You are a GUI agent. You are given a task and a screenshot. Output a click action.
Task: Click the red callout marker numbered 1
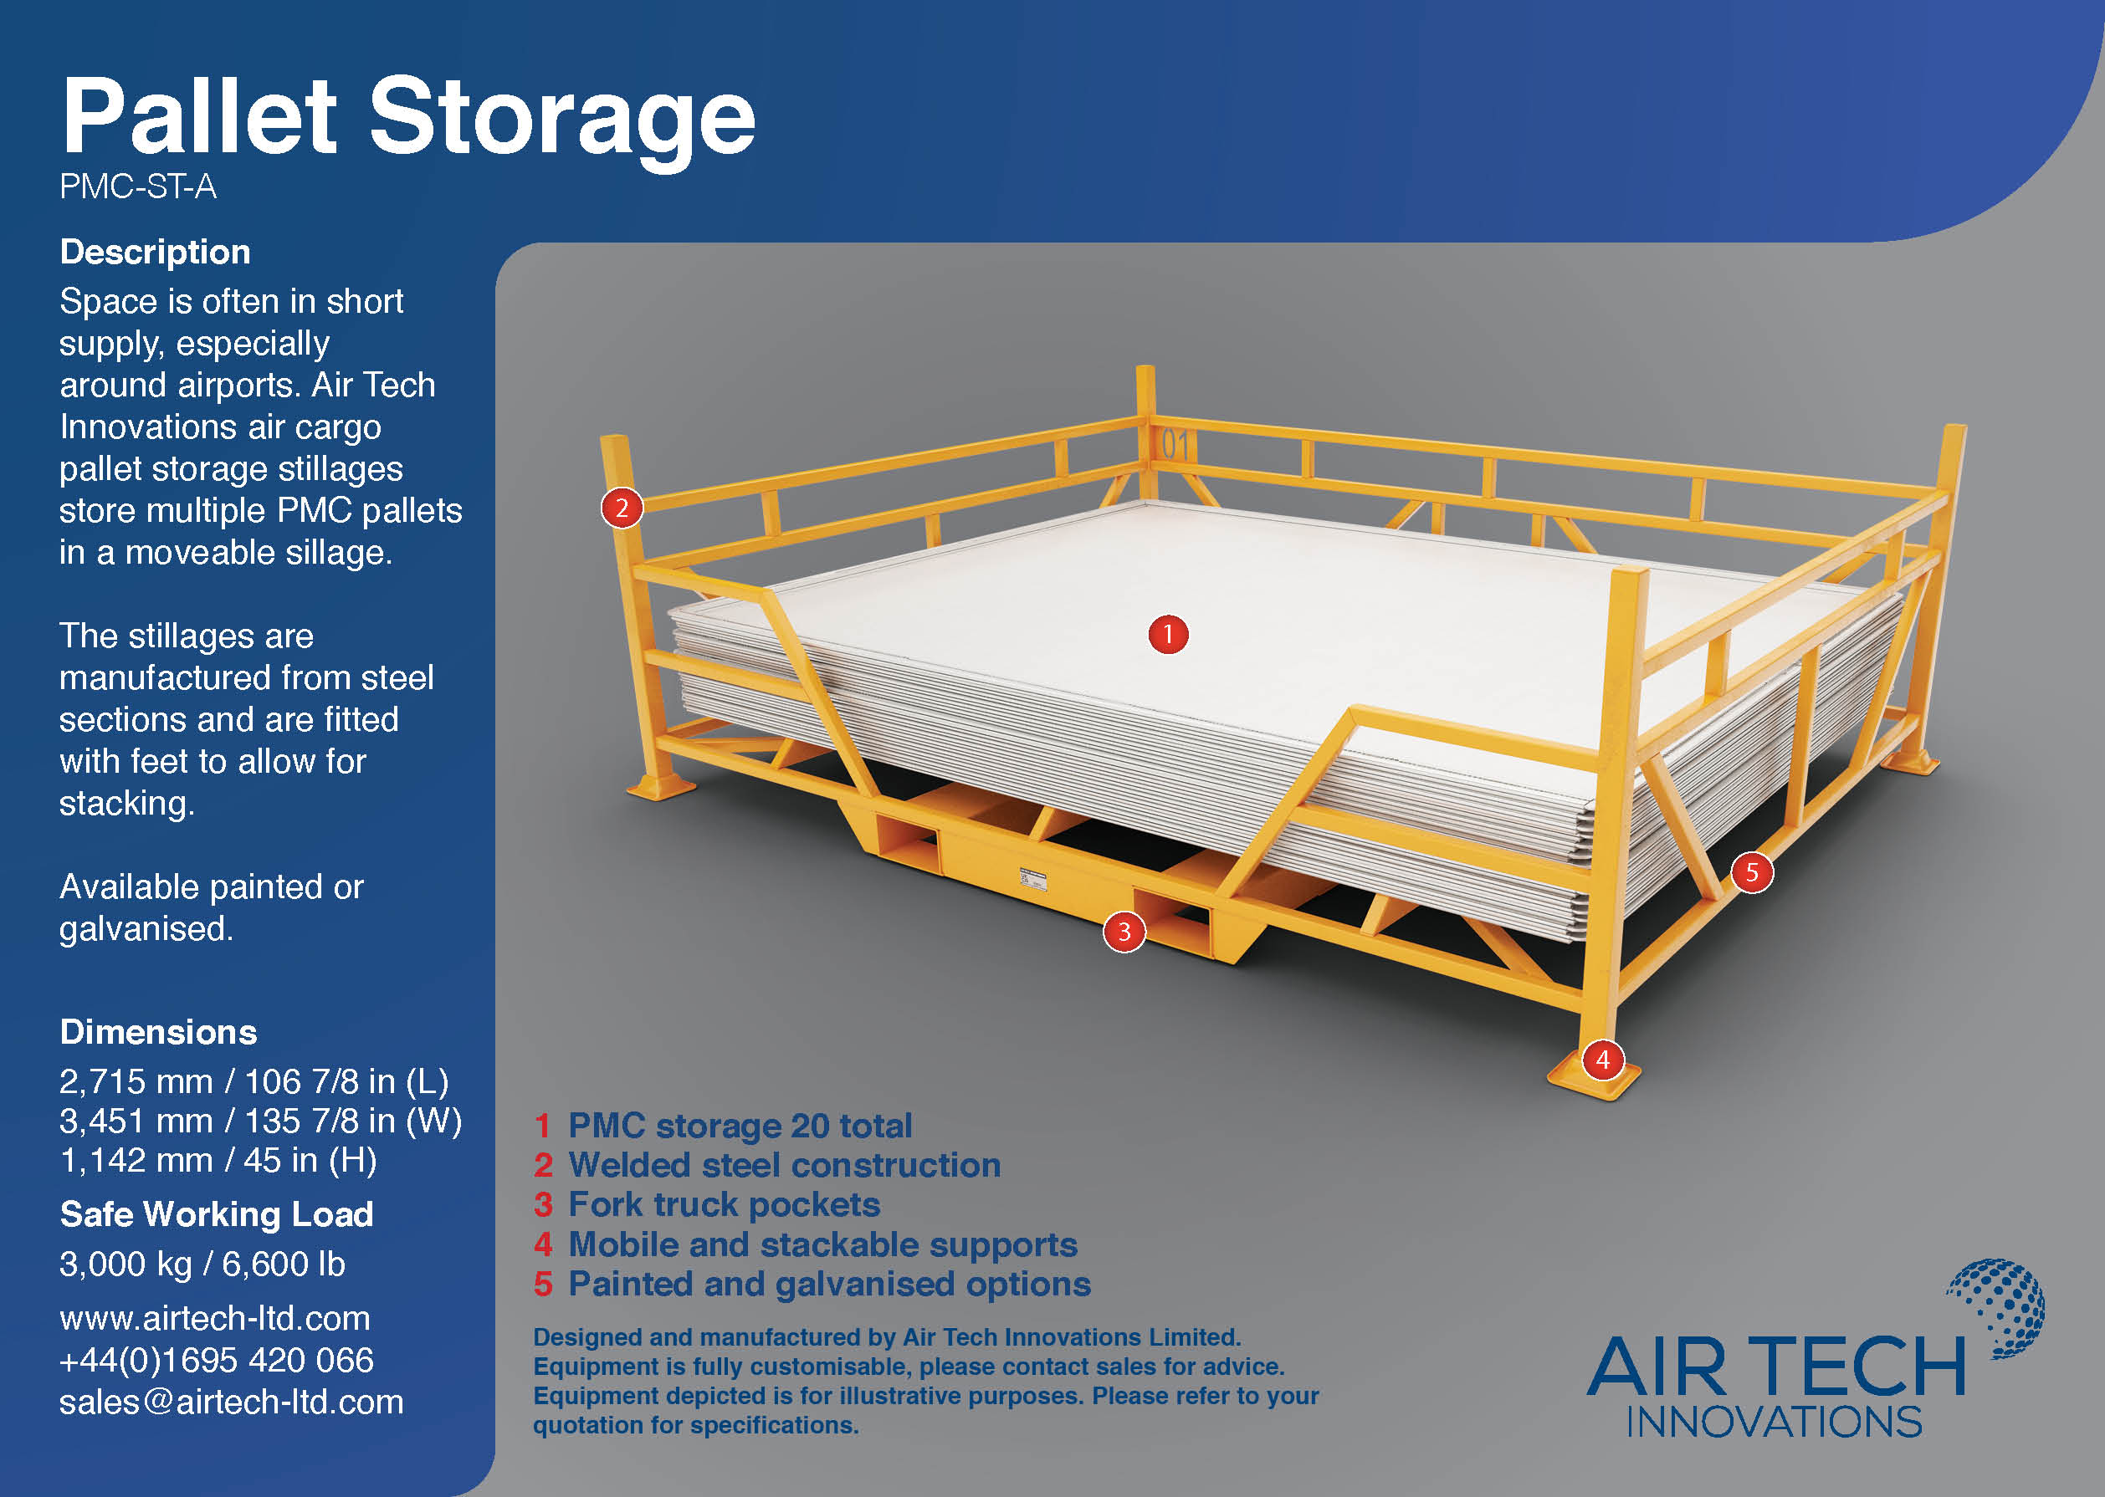1168,634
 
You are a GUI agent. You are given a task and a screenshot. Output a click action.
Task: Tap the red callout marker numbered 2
622,508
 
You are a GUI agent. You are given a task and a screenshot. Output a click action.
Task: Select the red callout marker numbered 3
1124,932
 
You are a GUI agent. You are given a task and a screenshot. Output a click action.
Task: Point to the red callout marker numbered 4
1602,1060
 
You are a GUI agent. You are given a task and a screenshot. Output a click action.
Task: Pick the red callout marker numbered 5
1752,873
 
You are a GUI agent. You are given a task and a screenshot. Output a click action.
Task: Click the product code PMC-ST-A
137,187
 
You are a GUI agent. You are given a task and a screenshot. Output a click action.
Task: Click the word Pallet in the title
199,117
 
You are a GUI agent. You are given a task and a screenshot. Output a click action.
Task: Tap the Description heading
155,253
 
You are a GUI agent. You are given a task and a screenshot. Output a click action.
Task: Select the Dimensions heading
157,1032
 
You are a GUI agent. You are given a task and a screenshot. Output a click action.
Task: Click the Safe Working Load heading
216,1215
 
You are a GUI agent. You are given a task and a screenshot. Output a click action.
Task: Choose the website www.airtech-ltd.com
214,1318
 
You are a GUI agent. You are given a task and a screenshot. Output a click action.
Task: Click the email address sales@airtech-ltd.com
231,1402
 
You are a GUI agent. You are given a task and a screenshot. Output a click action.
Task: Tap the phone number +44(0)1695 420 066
216,1361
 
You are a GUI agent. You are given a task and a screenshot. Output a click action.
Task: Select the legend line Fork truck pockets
723,1205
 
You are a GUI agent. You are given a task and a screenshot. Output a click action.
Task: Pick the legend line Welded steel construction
784,1165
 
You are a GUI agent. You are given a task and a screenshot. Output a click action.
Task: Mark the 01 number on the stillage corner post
1175,445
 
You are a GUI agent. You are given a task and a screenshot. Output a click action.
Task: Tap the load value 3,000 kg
125,1264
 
